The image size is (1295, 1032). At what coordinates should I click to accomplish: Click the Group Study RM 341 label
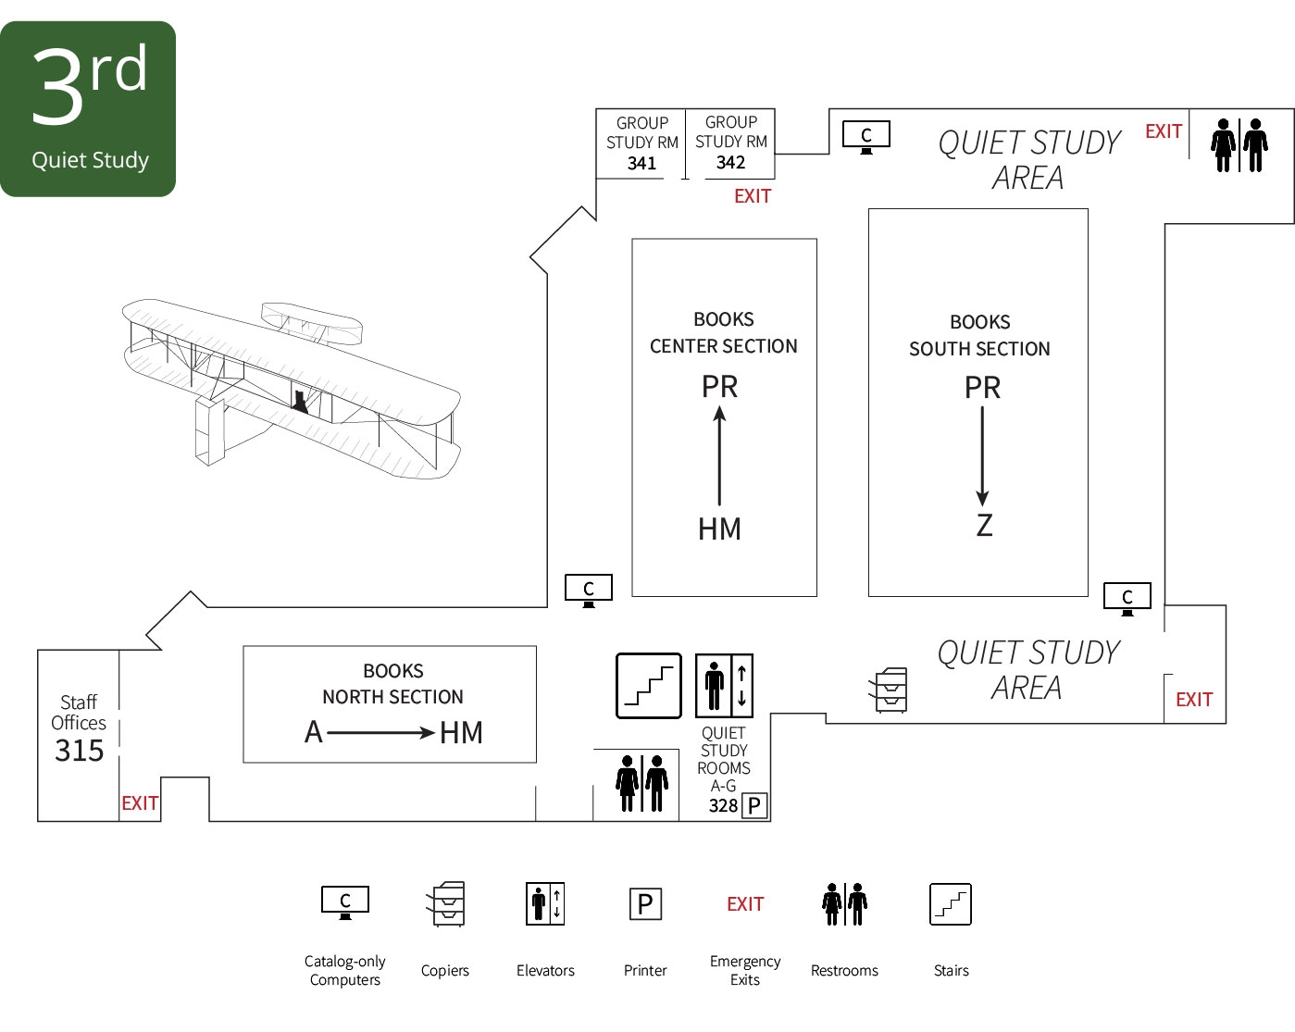pos(641,143)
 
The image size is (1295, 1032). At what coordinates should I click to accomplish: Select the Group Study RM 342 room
pos(730,143)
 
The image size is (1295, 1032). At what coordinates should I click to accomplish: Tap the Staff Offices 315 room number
pos(80,750)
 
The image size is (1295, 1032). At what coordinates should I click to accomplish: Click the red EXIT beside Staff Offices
pos(140,803)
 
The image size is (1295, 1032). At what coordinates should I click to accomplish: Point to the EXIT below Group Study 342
pos(753,196)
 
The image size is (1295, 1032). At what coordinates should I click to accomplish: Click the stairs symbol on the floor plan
pos(649,686)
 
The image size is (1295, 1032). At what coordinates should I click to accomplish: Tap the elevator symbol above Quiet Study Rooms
pos(724,686)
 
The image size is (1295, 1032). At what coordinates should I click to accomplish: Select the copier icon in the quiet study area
pos(889,690)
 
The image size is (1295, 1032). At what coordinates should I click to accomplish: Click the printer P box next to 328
pos(754,805)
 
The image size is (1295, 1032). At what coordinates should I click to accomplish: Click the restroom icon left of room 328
pos(641,784)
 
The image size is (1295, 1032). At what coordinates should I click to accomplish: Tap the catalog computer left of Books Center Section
pos(589,590)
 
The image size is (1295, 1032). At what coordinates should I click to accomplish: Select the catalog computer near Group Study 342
pos(866,136)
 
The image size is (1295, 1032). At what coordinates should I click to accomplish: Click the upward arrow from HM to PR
pos(719,457)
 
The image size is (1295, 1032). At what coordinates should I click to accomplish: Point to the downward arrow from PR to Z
pos(982,456)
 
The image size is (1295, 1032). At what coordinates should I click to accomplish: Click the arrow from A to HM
pos(380,733)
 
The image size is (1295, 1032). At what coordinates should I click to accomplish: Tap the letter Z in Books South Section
pos(984,526)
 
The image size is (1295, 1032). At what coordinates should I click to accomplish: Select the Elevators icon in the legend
pos(545,904)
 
